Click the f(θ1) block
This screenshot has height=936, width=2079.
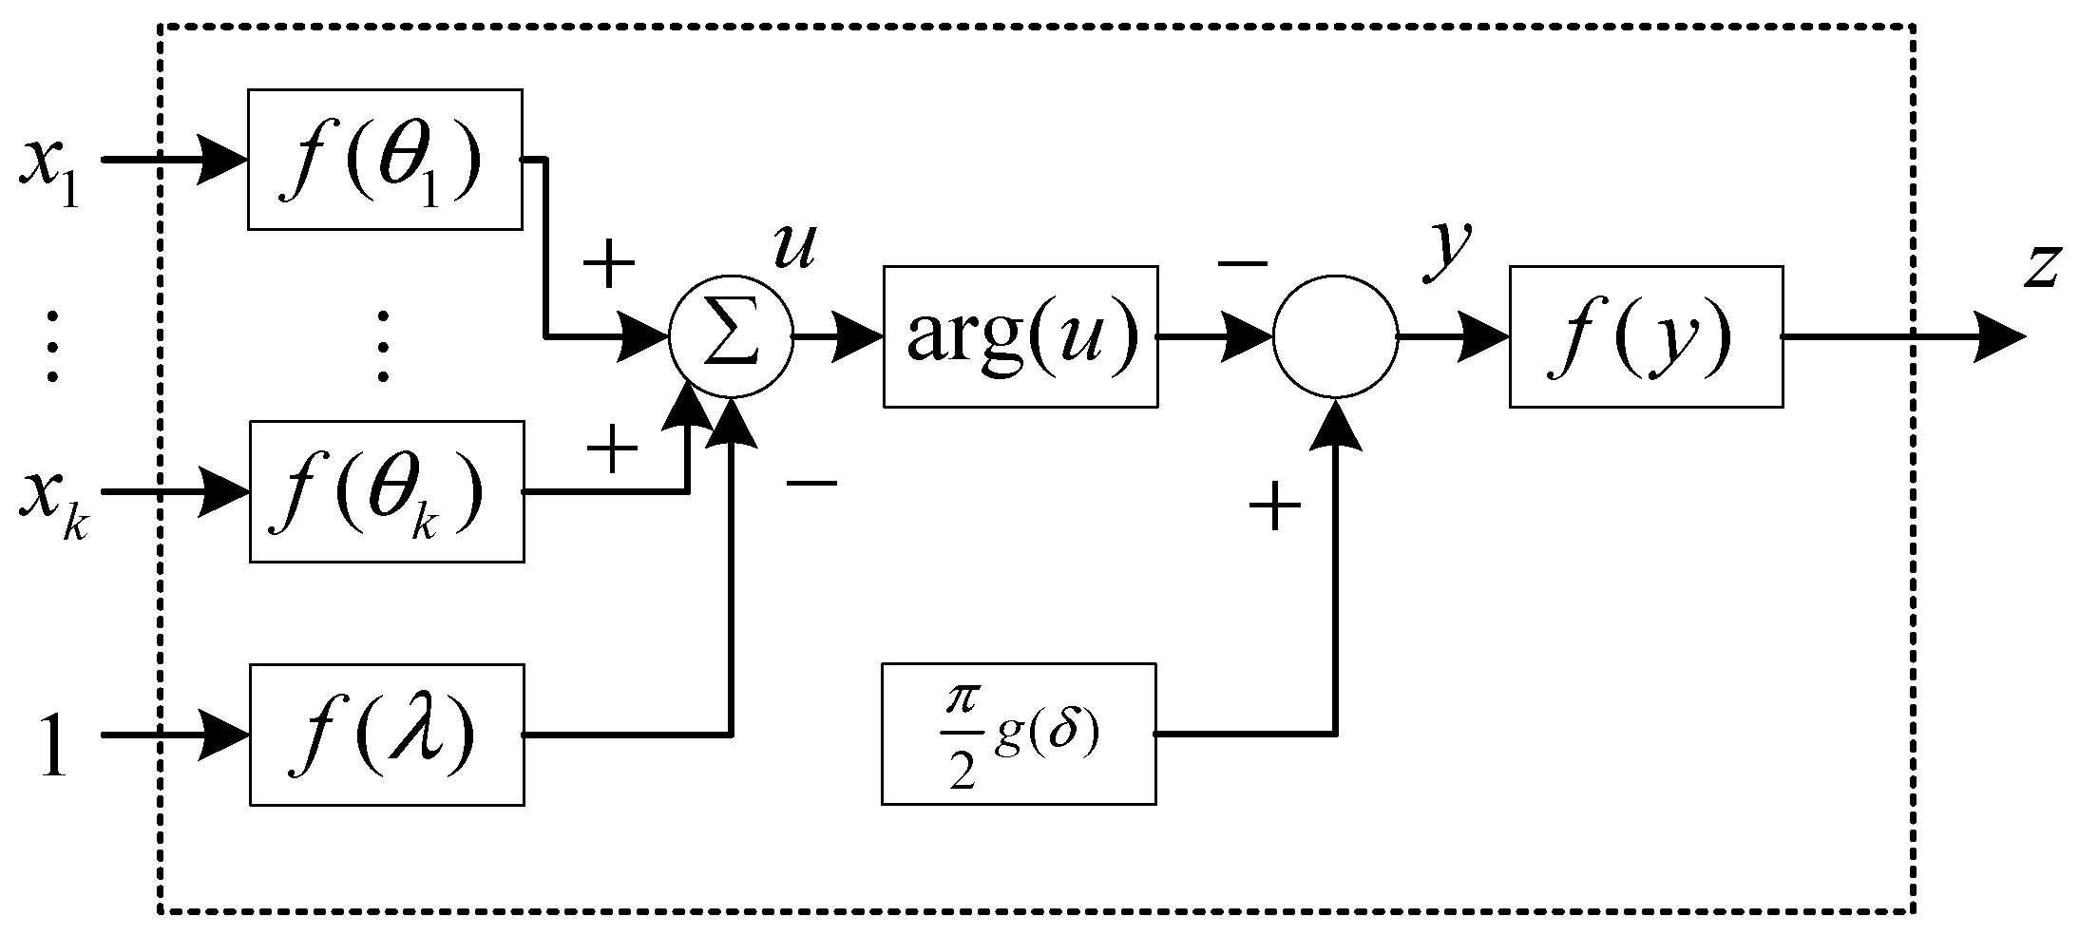385,160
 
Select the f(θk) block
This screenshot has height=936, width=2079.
387,491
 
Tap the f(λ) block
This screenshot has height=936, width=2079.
387,735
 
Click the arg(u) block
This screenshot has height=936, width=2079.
1020,336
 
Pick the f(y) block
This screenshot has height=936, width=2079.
1646,336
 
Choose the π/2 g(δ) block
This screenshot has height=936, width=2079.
1019,735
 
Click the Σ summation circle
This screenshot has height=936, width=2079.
730,338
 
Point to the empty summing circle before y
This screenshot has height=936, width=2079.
1335,336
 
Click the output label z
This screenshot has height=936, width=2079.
2041,266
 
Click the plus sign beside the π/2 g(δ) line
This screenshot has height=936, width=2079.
1273,506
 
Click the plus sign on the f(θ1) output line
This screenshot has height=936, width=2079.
608,265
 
